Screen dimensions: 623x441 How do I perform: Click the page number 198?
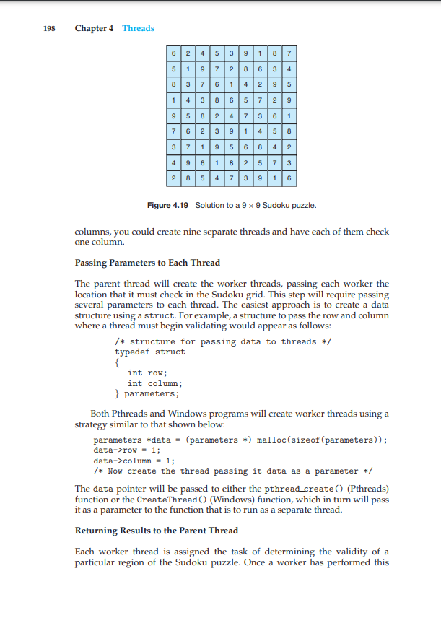click(49, 28)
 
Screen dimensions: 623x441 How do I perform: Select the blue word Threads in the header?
click(138, 28)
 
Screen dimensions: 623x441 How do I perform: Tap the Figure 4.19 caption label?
click(167, 206)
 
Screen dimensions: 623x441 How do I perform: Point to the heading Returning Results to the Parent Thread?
click(156, 531)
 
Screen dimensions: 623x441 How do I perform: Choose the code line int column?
click(154, 383)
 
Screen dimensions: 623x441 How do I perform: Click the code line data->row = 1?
click(127, 450)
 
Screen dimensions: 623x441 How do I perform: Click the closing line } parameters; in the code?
click(147, 394)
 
